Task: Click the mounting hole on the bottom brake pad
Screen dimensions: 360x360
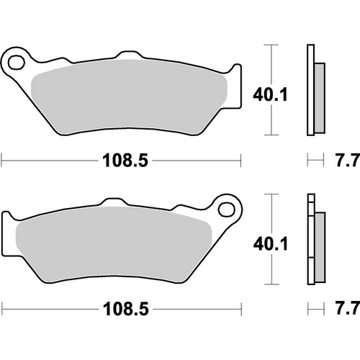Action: pos(230,210)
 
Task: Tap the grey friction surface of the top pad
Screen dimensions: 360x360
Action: pos(130,94)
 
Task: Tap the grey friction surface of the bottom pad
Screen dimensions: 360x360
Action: pos(115,245)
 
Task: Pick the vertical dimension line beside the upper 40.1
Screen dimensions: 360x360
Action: pos(271,90)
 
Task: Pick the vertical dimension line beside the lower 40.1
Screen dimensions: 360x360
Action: pos(271,239)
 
